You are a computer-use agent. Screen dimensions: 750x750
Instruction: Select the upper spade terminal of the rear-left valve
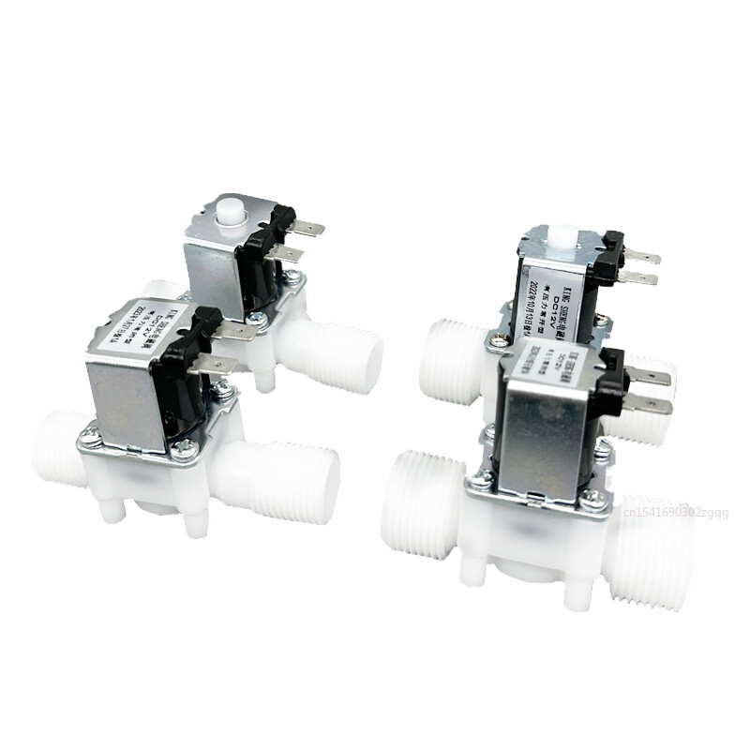click(x=307, y=228)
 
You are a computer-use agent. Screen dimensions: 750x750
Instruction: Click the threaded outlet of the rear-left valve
click(x=348, y=352)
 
